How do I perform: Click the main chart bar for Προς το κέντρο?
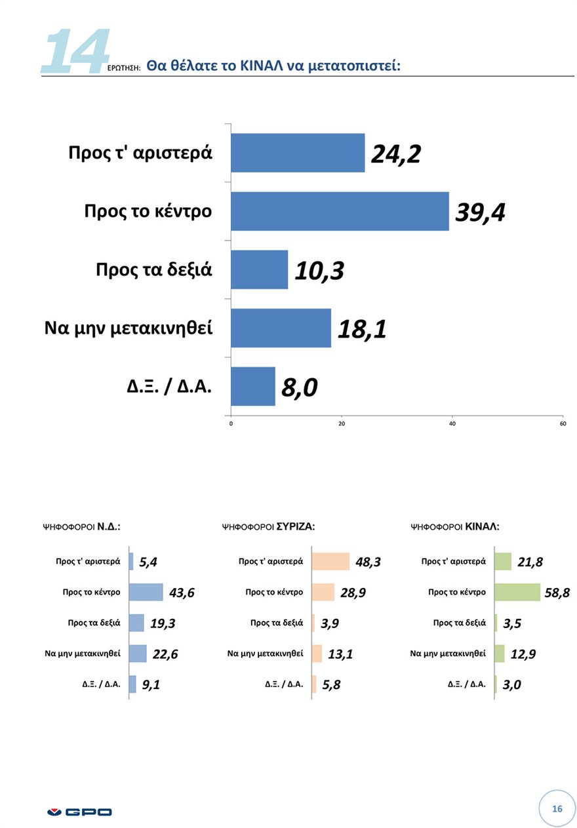[340, 211]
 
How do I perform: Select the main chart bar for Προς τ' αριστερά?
[298, 153]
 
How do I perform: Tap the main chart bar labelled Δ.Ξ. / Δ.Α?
[253, 386]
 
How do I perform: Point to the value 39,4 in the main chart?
[480, 212]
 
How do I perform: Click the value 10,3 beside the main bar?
[319, 270]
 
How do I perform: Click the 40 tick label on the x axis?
[452, 424]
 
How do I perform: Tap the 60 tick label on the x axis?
[563, 424]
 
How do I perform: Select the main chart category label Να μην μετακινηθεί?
[129, 328]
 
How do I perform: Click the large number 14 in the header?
[73, 50]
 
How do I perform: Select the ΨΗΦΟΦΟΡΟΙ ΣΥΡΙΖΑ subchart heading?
[269, 526]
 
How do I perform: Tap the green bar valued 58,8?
[517, 592]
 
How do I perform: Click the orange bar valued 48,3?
[330, 561]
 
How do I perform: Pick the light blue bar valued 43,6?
[146, 592]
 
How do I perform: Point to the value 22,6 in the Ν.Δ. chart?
[164, 654]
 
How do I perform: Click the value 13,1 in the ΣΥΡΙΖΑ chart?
[340, 654]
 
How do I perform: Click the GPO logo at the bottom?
[79, 812]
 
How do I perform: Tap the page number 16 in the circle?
[557, 808]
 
